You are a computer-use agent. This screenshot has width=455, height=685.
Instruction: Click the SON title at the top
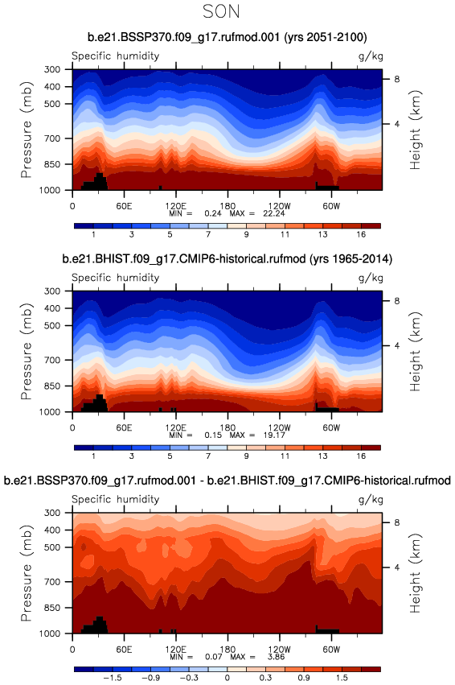tap(221, 11)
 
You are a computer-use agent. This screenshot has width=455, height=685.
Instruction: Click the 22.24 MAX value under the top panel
tap(274, 213)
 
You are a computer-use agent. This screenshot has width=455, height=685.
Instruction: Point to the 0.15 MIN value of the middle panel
tap(213, 435)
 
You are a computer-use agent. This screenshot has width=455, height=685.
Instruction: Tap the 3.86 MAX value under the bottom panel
tap(276, 657)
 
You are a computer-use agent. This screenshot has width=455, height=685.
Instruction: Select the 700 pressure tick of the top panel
tap(52, 138)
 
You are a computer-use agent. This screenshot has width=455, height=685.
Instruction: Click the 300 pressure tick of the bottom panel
tap(52, 513)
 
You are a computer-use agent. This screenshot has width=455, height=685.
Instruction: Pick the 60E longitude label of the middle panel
tap(124, 427)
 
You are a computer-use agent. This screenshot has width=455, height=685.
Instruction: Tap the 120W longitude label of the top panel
tap(279, 206)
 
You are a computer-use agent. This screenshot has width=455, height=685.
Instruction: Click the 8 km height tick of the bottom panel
tap(397, 522)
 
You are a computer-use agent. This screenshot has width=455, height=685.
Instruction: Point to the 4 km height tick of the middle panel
tap(397, 345)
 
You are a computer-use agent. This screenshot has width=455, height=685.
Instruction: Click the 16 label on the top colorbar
tap(361, 234)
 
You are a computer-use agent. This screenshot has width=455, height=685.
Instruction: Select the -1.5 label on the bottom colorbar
tap(112, 678)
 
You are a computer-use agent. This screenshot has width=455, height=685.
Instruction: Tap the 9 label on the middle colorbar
tap(247, 456)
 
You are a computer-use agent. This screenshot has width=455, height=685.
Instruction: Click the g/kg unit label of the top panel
tap(371, 56)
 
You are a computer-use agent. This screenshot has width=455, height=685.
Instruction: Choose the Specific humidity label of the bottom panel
tap(116, 499)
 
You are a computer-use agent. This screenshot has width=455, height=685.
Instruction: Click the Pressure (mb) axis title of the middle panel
tap(27, 351)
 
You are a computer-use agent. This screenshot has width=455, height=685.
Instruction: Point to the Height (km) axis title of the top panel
tap(416, 130)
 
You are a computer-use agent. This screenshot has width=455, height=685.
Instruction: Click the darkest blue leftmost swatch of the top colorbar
tap(84, 226)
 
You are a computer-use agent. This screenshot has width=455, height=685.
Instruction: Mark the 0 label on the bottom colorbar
tap(227, 678)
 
